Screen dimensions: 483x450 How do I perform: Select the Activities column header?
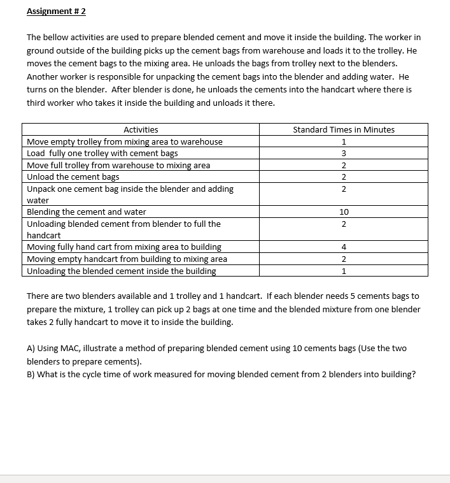click(141, 129)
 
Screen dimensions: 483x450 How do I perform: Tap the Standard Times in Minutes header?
click(343, 129)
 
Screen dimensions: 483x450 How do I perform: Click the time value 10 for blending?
click(344, 212)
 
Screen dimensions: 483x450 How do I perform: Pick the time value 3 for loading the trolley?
click(344, 153)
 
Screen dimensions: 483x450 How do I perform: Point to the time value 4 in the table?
click(344, 247)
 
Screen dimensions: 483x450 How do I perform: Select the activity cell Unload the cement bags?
click(73, 177)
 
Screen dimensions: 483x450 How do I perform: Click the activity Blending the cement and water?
click(87, 212)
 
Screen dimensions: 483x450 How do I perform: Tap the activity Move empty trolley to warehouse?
click(125, 141)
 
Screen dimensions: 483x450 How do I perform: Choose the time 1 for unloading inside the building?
click(344, 271)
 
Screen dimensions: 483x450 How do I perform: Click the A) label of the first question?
click(31, 348)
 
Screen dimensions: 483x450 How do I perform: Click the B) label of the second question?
click(31, 374)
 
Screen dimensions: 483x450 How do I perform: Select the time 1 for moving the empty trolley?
click(344, 141)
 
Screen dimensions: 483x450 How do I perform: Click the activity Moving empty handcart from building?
click(127, 259)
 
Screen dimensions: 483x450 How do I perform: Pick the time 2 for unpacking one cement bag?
click(344, 189)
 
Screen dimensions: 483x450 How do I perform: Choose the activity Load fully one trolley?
click(102, 153)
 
